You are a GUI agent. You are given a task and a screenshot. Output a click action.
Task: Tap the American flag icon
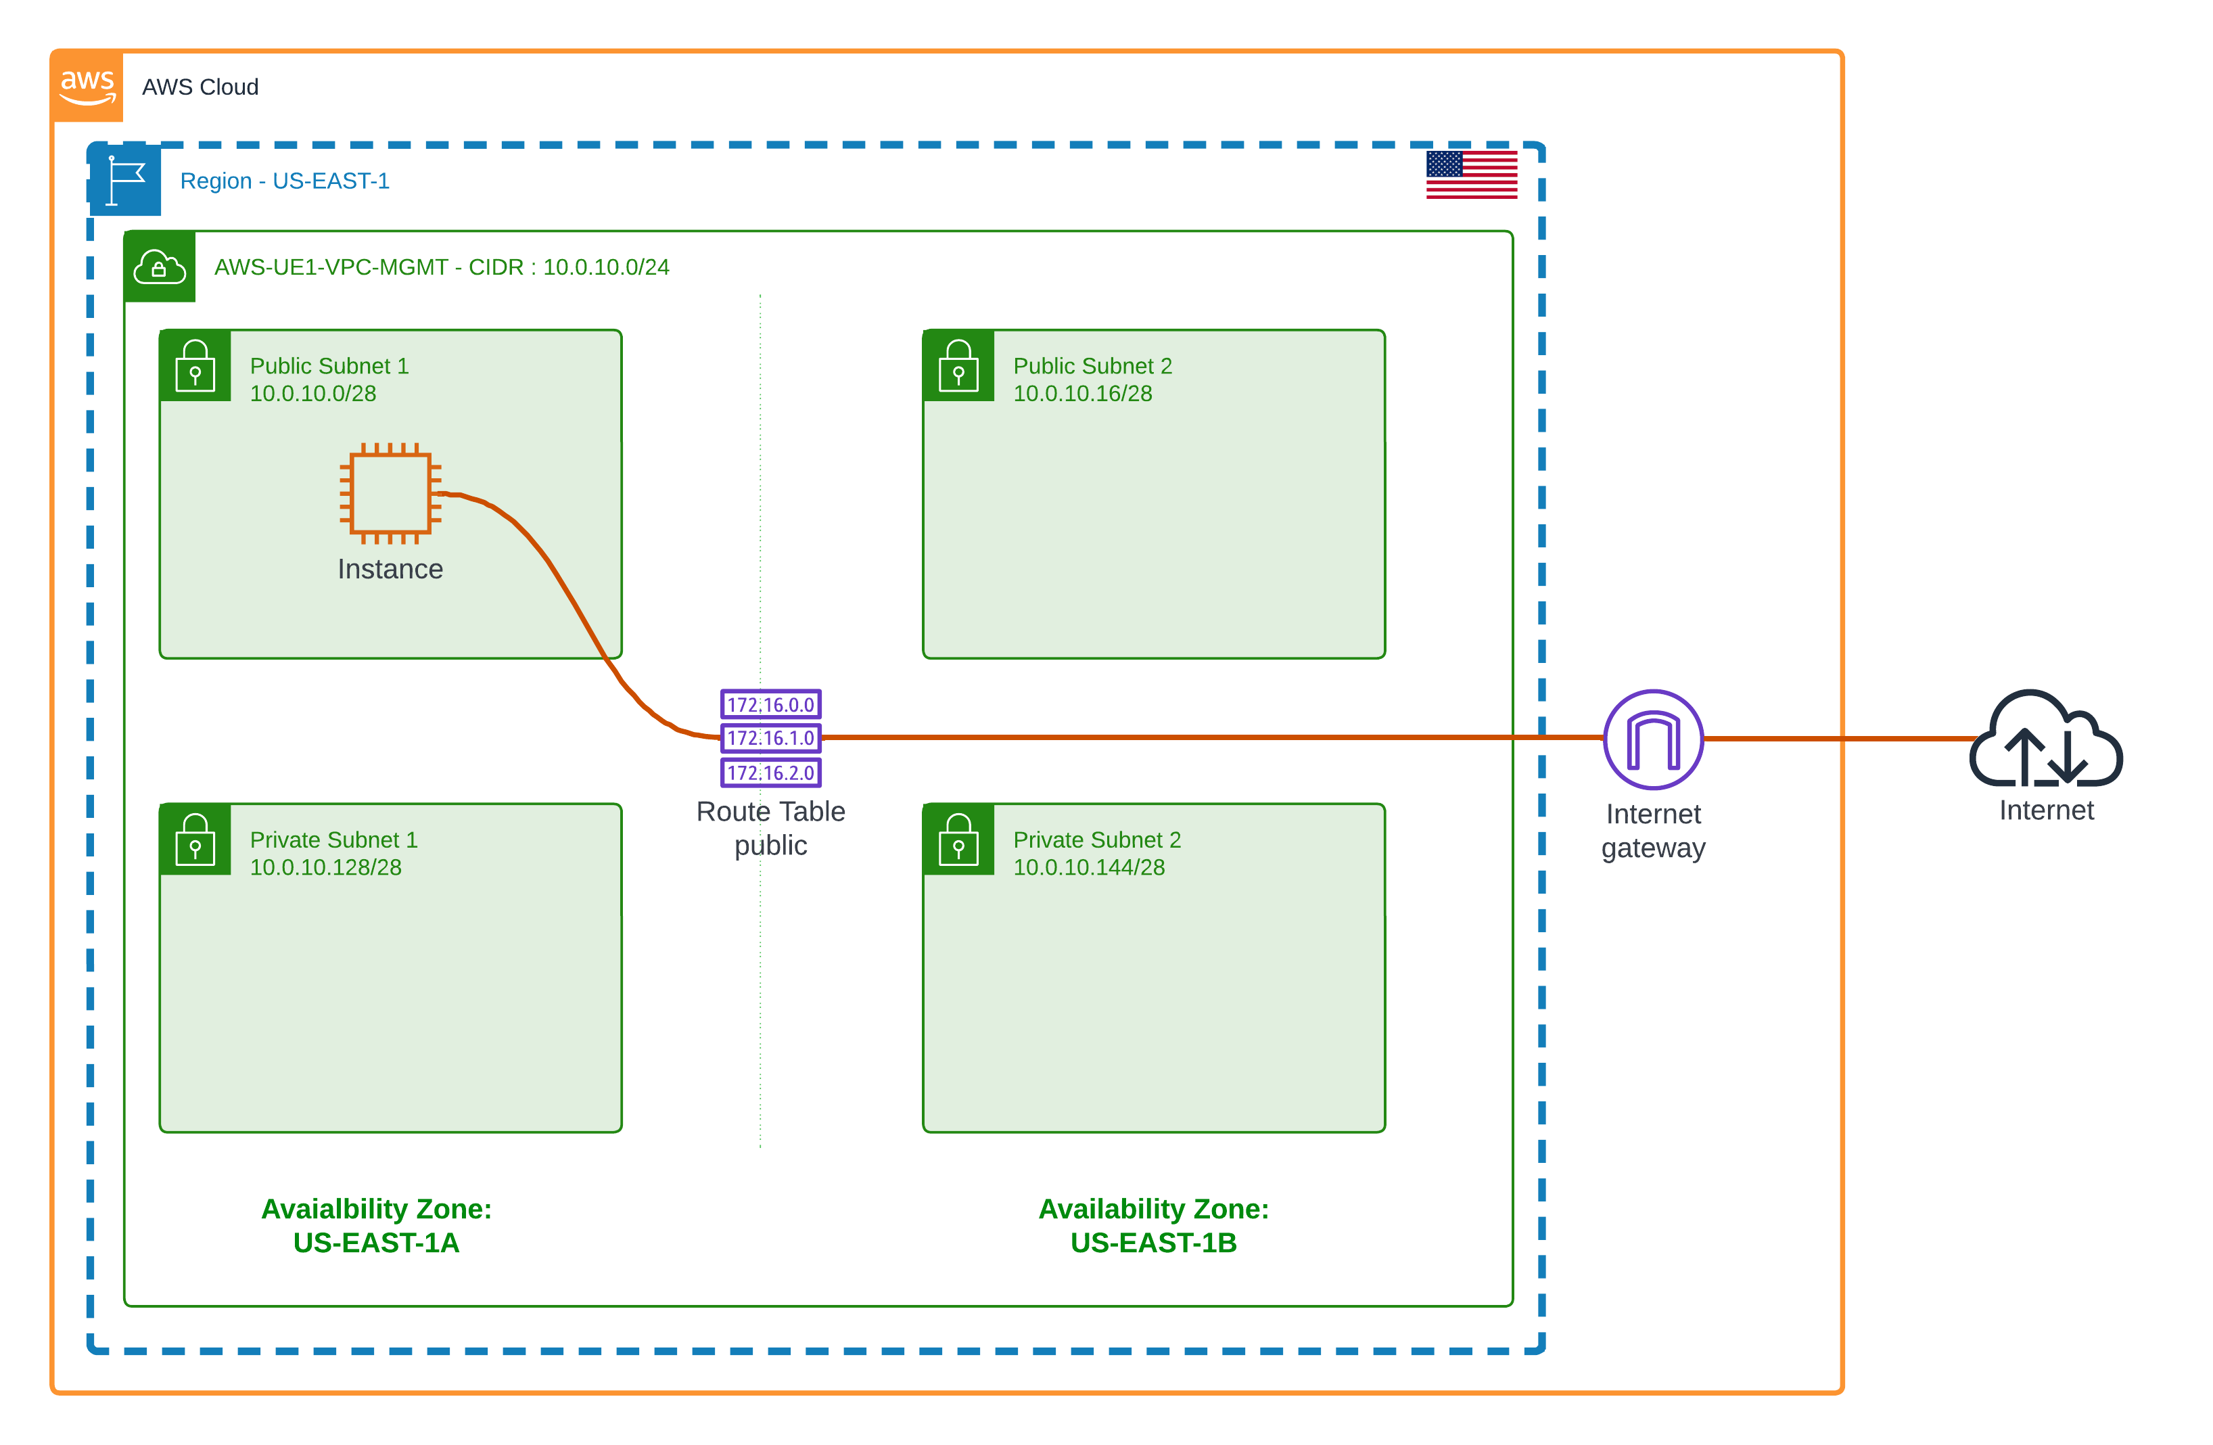pyautogui.click(x=1471, y=175)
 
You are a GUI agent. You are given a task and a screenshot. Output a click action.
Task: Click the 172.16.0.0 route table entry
pyautogui.click(x=771, y=705)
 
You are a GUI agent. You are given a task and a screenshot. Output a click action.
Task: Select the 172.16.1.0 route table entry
pyautogui.click(x=771, y=738)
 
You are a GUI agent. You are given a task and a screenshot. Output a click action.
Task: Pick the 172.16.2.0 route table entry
pyautogui.click(x=771, y=773)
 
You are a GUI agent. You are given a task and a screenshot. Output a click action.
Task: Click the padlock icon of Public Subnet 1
pyautogui.click(x=195, y=367)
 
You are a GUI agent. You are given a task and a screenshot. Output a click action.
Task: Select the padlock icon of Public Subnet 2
pyautogui.click(x=958, y=367)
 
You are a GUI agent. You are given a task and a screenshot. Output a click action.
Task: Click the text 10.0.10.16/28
pyautogui.click(x=1082, y=394)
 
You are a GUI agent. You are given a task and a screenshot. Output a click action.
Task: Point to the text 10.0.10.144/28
pyautogui.click(x=1089, y=867)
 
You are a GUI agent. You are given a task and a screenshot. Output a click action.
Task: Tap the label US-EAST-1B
pyautogui.click(x=1153, y=1243)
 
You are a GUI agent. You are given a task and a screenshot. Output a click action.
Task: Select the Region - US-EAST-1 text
pyautogui.click(x=285, y=181)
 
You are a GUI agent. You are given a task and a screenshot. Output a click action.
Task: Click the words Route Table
pyautogui.click(x=771, y=812)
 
